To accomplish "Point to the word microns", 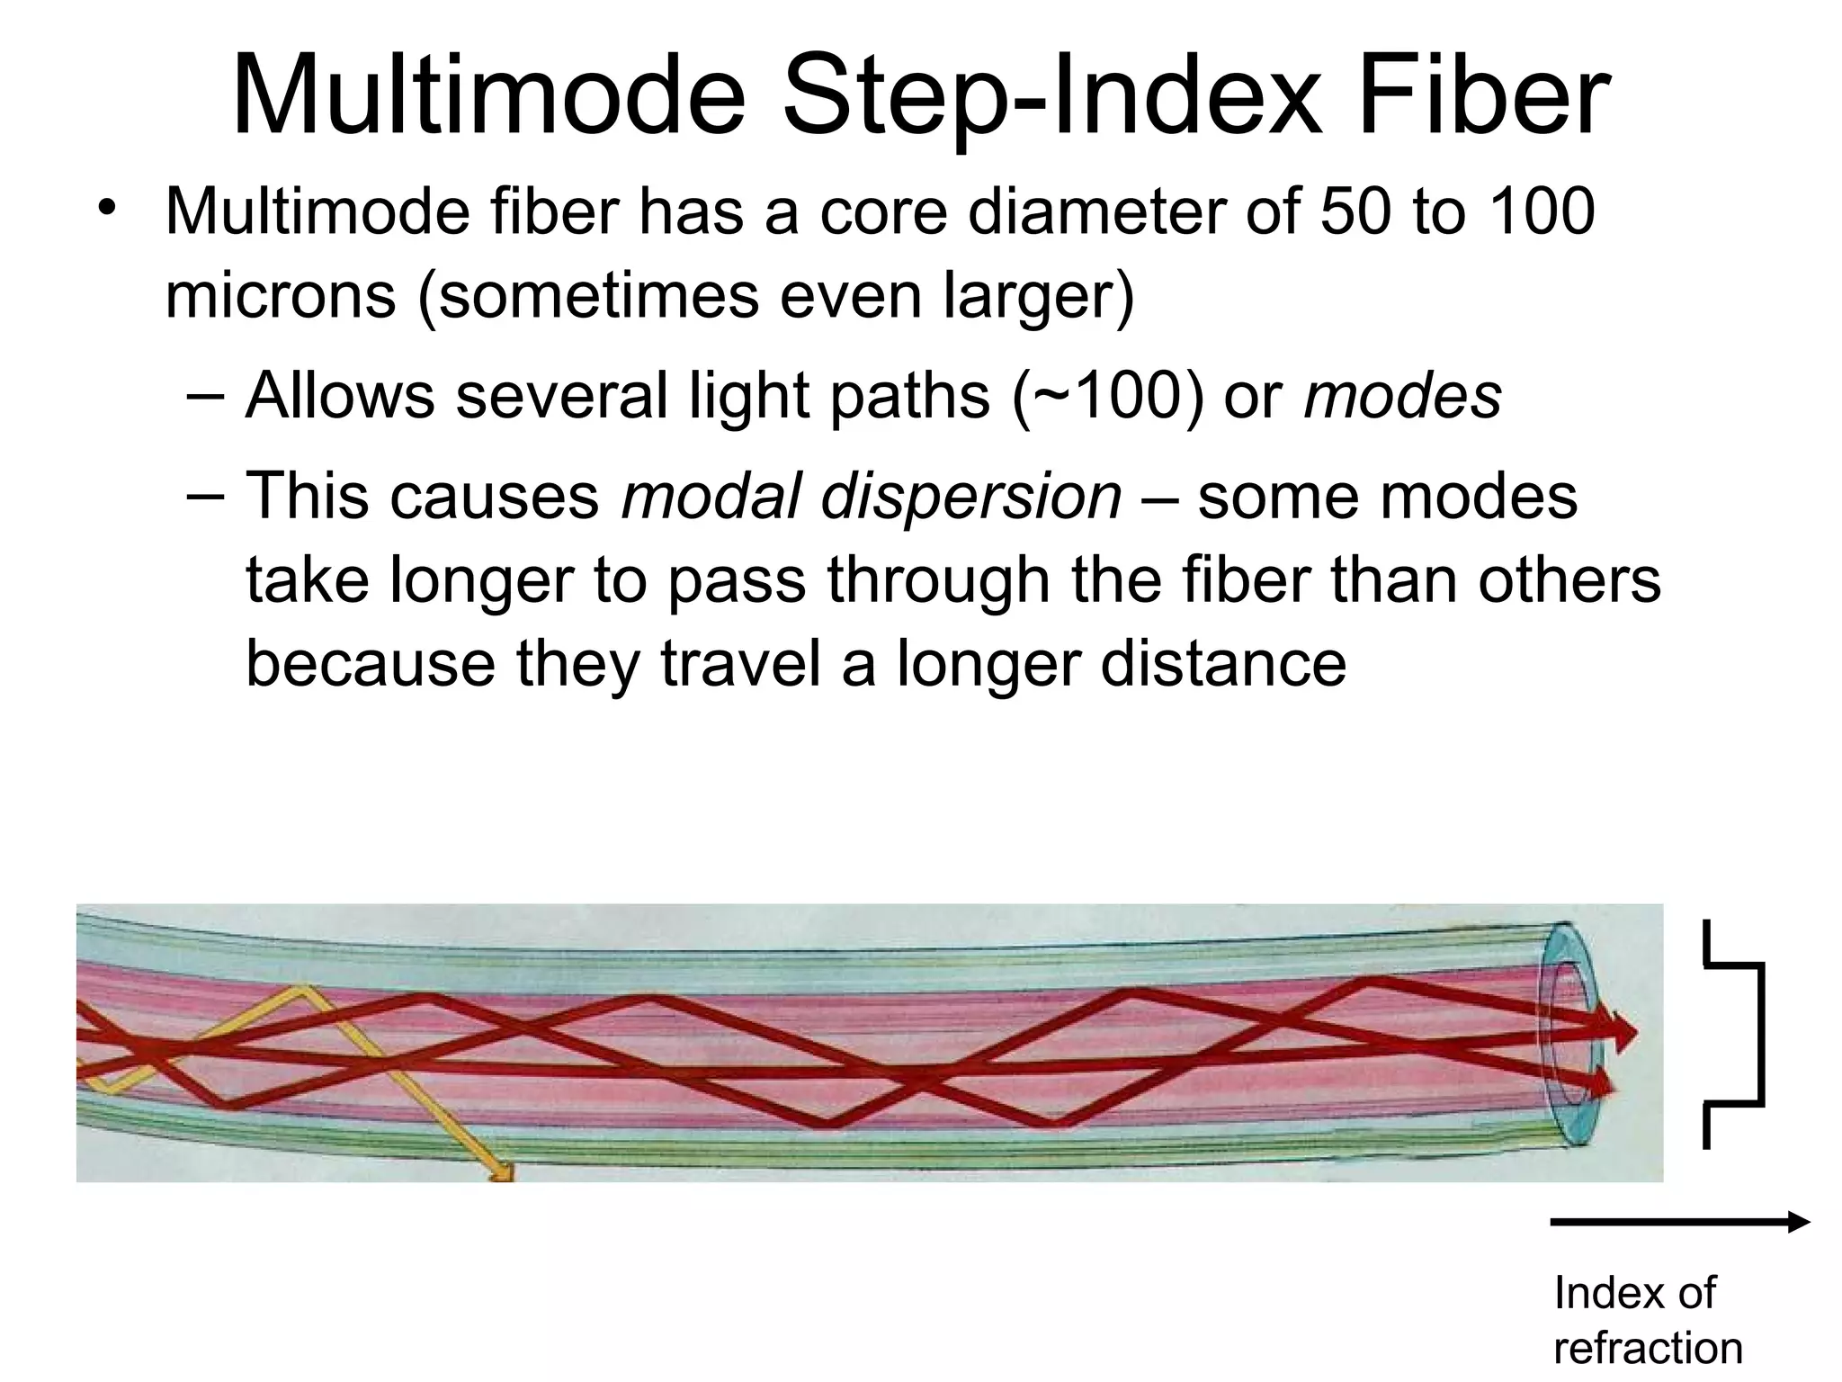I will pyautogui.click(x=280, y=294).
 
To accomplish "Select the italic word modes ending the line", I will pyautogui.click(x=1402, y=395).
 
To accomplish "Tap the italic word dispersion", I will pyautogui.click(x=971, y=496).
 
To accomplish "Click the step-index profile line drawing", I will pyautogui.click(x=1736, y=1034).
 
